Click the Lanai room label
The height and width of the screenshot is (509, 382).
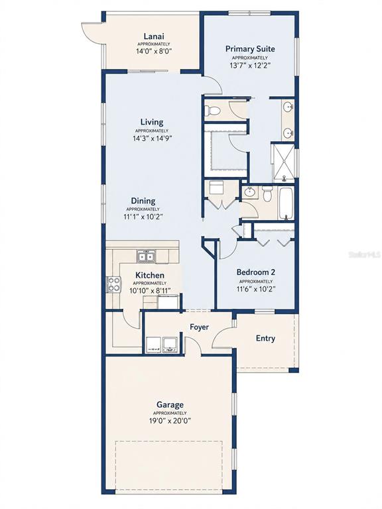point(154,36)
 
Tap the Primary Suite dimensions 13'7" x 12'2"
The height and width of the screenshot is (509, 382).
point(250,65)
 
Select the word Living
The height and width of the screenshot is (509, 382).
point(152,123)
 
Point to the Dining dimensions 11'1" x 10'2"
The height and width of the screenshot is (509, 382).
point(143,217)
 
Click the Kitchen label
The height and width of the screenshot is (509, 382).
point(150,275)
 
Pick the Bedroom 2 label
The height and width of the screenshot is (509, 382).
point(256,272)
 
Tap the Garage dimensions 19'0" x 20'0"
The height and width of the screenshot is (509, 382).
point(170,421)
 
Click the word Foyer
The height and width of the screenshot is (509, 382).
point(200,327)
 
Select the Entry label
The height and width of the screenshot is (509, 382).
point(265,338)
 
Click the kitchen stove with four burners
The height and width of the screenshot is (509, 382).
point(113,284)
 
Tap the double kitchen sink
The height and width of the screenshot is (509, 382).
point(146,256)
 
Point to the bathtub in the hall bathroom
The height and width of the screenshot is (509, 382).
point(286,203)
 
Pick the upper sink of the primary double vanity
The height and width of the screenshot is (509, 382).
point(288,106)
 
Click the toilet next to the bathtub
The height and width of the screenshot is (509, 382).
point(267,194)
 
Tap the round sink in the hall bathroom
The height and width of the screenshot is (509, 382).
point(249,192)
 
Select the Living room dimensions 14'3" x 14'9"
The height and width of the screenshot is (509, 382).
point(152,139)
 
